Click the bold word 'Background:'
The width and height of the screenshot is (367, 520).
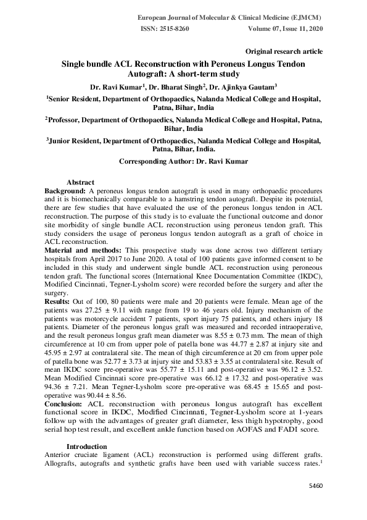(x=65, y=192)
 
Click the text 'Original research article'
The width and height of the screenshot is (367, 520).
(x=284, y=51)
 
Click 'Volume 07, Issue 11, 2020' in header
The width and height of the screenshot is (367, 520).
(x=284, y=29)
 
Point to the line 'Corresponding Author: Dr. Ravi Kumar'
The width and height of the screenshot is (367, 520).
(x=183, y=162)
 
